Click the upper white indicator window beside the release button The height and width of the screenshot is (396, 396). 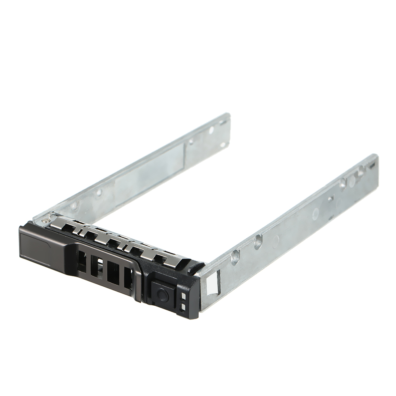(183, 296)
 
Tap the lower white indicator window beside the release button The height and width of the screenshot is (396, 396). (183, 307)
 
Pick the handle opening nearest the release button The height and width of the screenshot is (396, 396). (128, 279)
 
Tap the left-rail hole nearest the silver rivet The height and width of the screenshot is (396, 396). (74, 206)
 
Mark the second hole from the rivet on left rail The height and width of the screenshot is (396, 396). (99, 192)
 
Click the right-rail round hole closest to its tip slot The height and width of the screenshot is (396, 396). (361, 173)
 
